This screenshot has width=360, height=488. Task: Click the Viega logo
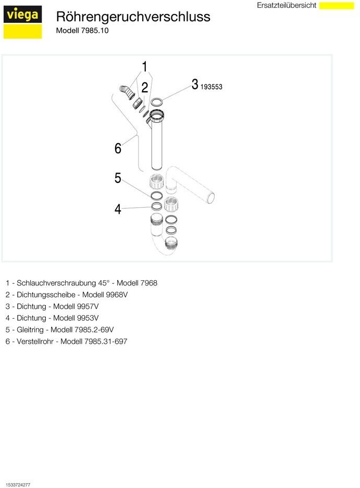22,22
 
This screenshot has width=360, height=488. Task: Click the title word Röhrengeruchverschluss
133,17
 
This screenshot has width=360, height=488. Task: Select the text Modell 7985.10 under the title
82,30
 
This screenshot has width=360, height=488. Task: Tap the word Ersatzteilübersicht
287,5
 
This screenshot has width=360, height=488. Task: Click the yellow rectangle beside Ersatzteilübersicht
336,5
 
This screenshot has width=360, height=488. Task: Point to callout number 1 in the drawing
144,66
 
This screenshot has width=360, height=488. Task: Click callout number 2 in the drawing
144,87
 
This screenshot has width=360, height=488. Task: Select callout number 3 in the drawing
194,84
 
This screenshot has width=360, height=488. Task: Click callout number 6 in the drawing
118,149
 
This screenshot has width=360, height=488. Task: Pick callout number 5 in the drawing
118,178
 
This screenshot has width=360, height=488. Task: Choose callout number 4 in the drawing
118,209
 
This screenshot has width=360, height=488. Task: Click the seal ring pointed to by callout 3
156,101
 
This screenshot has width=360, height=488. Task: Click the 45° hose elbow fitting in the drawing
126,93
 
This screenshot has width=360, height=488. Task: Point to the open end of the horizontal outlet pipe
211,198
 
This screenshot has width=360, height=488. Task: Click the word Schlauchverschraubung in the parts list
56,283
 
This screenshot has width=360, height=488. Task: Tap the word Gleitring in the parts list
32,330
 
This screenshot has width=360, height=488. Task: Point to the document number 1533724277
18,485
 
